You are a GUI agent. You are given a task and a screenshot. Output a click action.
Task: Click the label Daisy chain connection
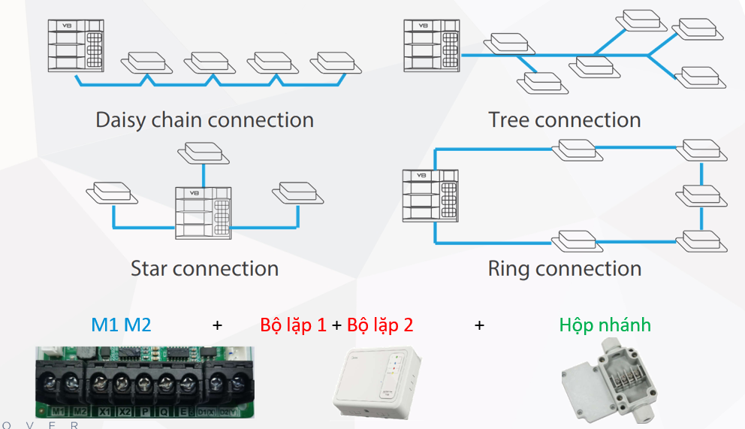pos(204,120)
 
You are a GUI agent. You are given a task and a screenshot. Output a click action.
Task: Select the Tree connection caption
pos(564,120)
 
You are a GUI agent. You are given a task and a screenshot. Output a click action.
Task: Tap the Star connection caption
pos(204,268)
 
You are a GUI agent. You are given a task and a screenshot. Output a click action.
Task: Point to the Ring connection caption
pos(564,268)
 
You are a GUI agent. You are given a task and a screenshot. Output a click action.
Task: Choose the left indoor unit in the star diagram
pos(112,193)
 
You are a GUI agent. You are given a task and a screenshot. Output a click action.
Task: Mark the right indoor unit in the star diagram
pos(297,192)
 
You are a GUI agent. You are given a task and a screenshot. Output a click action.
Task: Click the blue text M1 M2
pos(121,325)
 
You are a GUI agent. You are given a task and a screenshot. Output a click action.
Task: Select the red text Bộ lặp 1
pos(293,325)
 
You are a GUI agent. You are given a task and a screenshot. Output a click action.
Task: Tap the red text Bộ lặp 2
pos(380,325)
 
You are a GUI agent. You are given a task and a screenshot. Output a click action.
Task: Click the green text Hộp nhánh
pos(605,325)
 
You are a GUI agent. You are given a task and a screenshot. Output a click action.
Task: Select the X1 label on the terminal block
pos(104,412)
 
